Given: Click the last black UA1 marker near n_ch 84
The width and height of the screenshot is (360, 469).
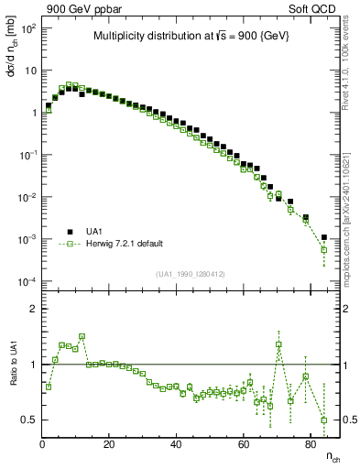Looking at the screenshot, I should coord(323,237).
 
